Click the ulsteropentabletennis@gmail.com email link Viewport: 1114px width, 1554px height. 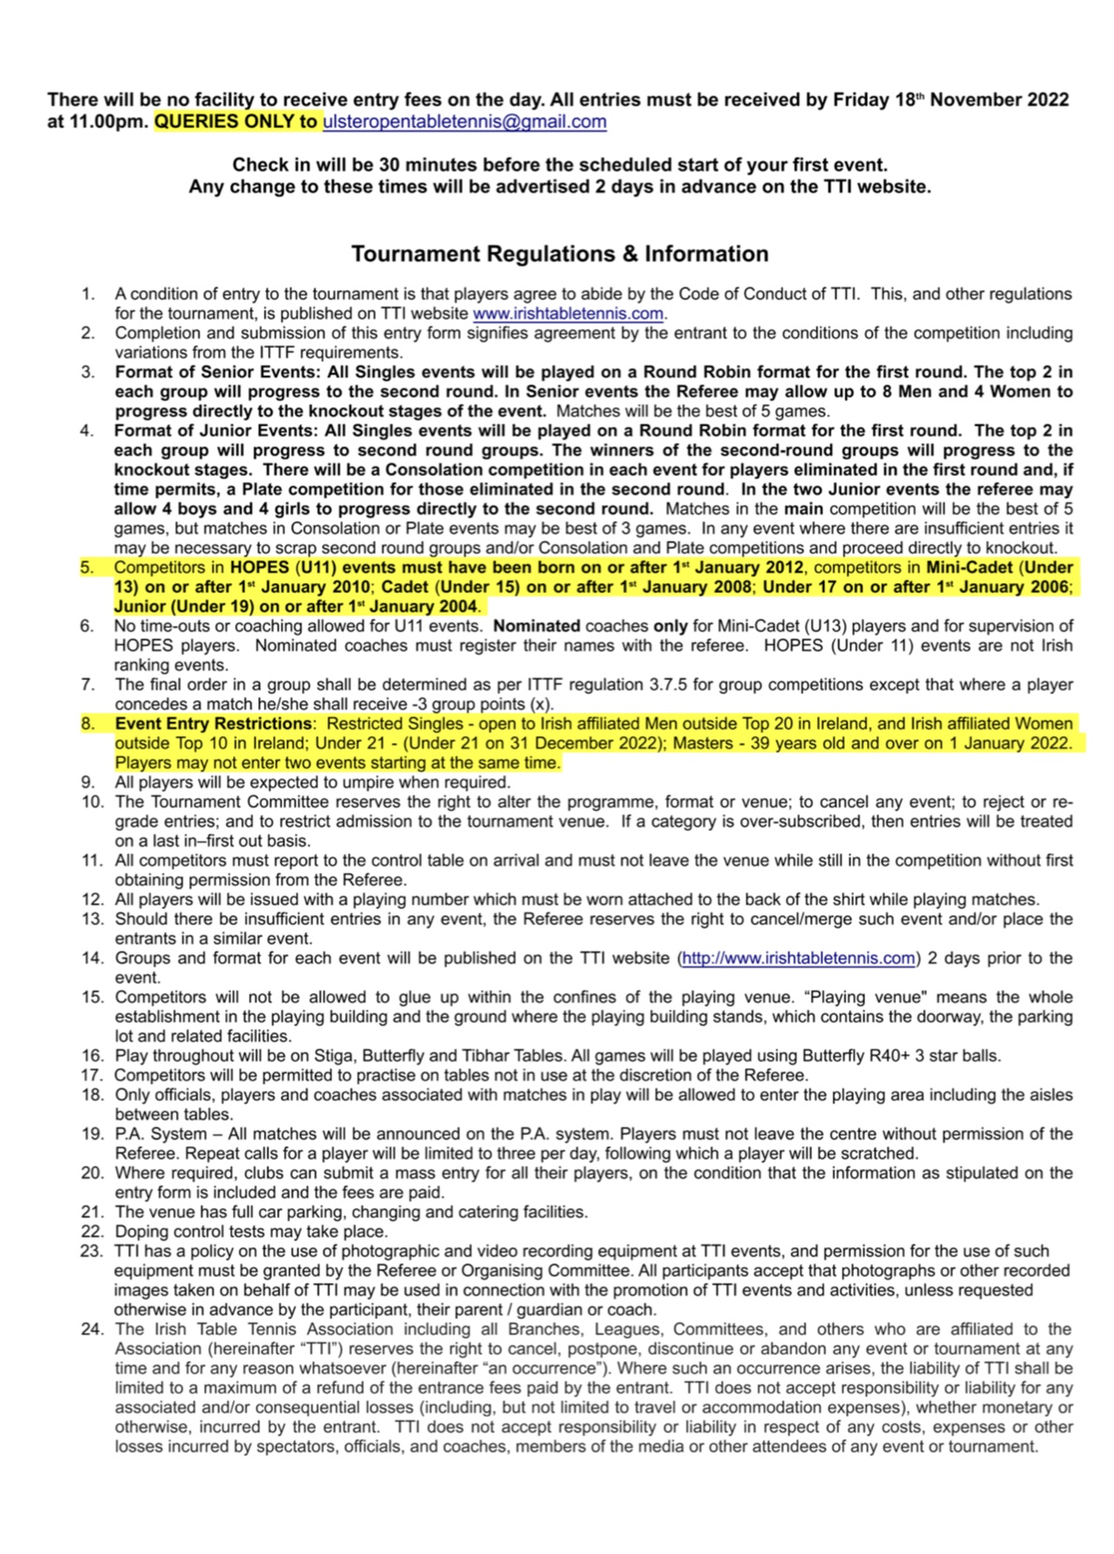point(464,122)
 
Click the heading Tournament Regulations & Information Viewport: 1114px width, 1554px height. point(559,254)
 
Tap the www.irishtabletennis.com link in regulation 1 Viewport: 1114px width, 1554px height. point(568,313)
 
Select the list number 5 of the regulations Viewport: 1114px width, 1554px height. point(87,567)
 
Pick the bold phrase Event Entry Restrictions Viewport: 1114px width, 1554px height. point(213,723)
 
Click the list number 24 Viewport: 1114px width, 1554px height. point(92,1329)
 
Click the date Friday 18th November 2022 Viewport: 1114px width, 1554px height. point(950,100)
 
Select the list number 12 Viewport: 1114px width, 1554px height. point(92,899)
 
